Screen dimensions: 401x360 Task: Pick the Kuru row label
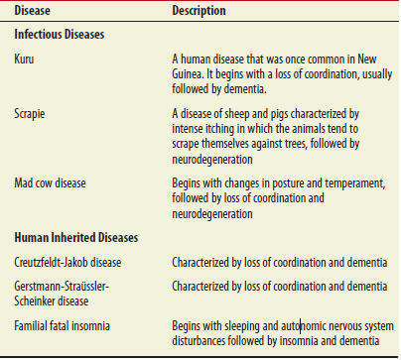[x=25, y=60]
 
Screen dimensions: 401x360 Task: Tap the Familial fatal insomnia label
[x=64, y=325]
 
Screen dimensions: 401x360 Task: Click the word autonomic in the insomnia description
[x=300, y=325]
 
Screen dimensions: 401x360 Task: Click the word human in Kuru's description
[x=198, y=60]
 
